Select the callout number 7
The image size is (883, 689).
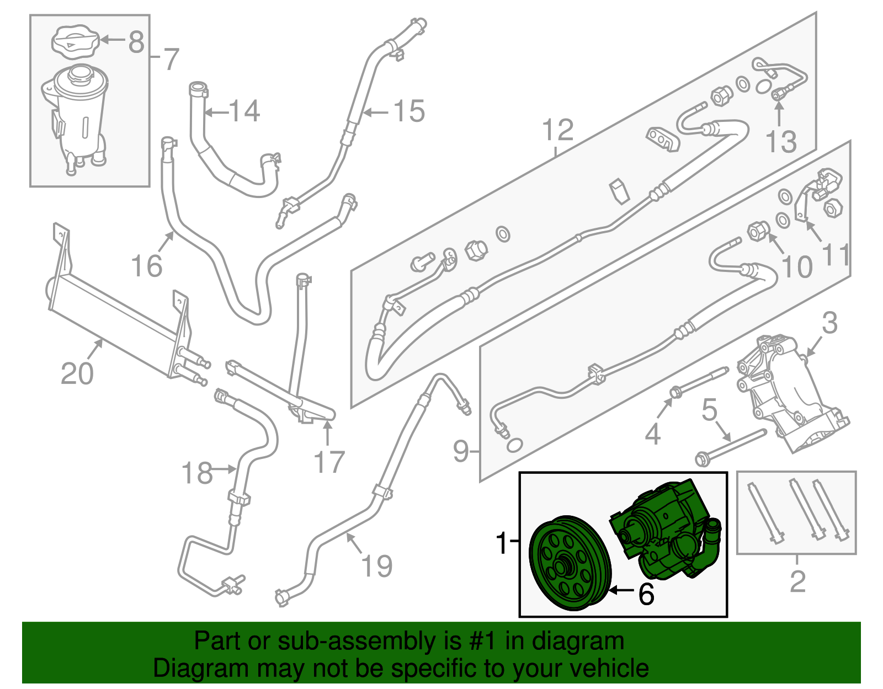pos(172,59)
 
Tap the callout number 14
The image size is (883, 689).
pos(244,111)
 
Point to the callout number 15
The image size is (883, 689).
pos(409,111)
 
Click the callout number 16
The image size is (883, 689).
pos(147,266)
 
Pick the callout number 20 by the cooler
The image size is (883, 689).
pos(77,374)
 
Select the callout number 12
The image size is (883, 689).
pos(557,131)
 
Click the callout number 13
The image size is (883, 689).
pos(781,142)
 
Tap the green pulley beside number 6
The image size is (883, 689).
pos(568,563)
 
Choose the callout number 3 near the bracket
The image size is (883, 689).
pos(829,323)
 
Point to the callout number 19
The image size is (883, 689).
pos(377,566)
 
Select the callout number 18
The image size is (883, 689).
pos(197,473)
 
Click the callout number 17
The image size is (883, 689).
pos(329,462)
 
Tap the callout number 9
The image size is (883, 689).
pos(461,451)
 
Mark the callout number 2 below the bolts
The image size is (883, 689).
pos(797,581)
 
